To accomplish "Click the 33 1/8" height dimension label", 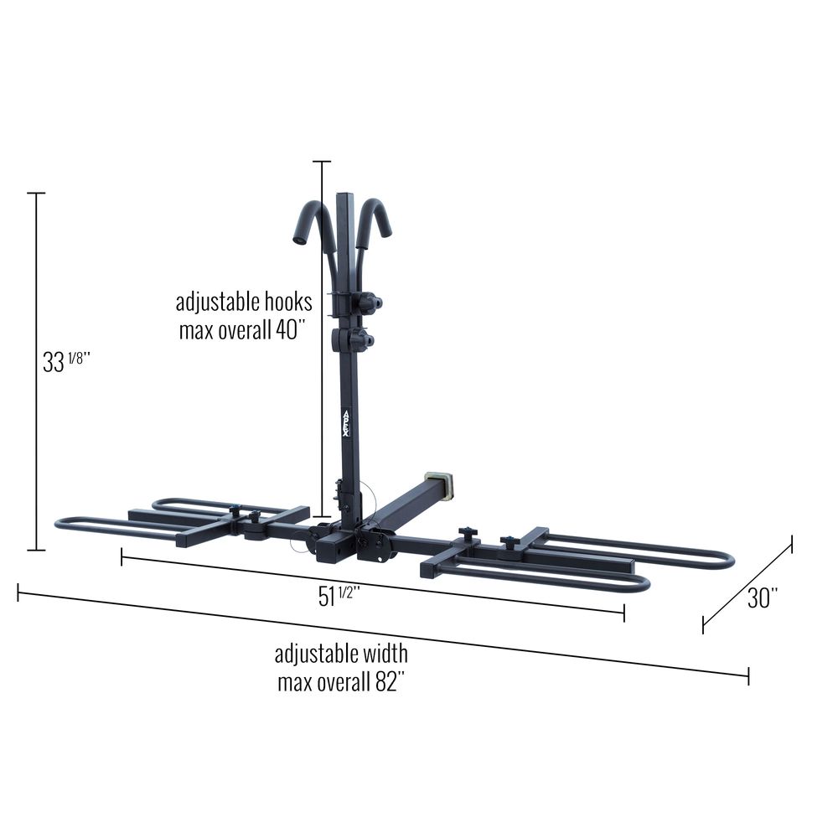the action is (66, 362).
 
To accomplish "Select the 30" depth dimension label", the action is (762, 597).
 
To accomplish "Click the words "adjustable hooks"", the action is (244, 302).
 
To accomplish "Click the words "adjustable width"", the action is (341, 654).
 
